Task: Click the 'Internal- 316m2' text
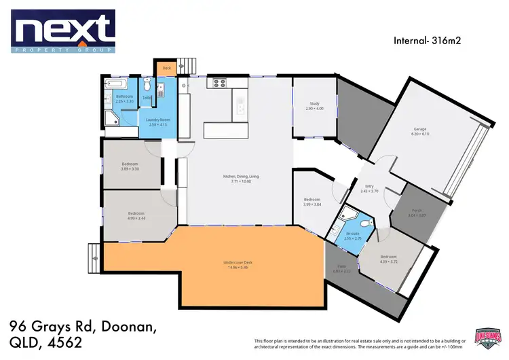[429, 40]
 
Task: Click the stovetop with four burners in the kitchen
[220, 84]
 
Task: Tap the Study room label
[314, 106]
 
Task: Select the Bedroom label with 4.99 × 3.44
[136, 215]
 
